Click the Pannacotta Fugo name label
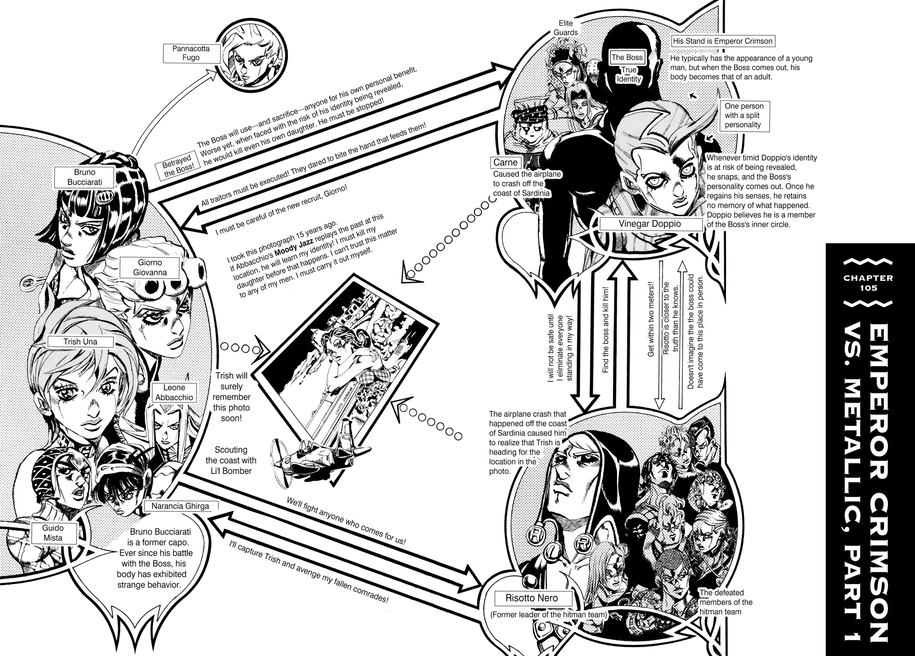191,53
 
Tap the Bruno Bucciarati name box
84,177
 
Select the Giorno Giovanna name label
150,268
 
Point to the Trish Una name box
80,342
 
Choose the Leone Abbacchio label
174,392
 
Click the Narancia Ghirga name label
180,506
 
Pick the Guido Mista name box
53,533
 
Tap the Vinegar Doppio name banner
649,224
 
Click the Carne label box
505,162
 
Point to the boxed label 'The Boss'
627,57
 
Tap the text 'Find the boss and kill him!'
605,330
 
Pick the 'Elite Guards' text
566,28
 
